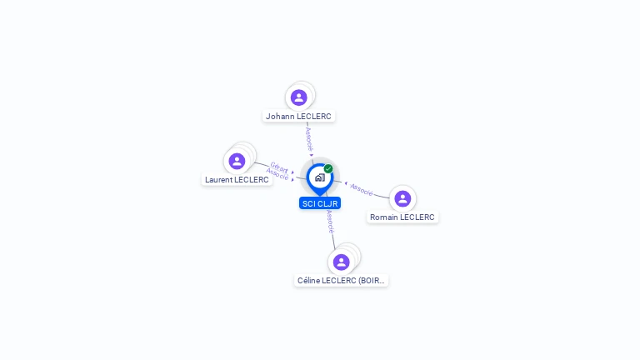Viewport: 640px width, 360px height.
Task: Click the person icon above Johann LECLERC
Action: (299, 97)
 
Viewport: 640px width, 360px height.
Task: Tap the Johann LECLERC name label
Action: (298, 117)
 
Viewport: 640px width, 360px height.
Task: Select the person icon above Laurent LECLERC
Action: (237, 161)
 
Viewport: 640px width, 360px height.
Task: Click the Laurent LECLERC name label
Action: (237, 180)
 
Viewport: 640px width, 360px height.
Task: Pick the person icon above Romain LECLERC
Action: (402, 199)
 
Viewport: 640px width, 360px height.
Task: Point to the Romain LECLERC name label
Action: (402, 217)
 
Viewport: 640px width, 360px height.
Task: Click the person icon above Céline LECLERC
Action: (341, 262)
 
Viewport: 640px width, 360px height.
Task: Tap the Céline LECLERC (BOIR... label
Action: (341, 280)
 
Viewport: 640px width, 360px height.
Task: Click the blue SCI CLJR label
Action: (320, 203)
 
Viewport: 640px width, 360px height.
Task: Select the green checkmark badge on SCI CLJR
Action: (328, 168)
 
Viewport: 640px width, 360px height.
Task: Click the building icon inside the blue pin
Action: (320, 177)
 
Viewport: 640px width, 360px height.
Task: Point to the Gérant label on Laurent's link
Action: (279, 167)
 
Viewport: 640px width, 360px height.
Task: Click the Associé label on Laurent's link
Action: (277, 174)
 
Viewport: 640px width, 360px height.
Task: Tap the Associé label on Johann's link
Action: (309, 139)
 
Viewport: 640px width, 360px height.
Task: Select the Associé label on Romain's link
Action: (362, 190)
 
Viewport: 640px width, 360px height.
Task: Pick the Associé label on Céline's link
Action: (330, 222)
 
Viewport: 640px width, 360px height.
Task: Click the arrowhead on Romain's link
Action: (346, 183)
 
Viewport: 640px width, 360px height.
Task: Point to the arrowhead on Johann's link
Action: (312, 155)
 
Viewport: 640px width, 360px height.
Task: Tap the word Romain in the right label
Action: (383, 217)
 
